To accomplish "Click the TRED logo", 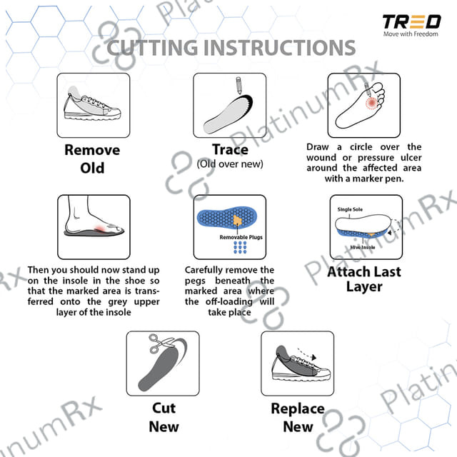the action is (411, 22).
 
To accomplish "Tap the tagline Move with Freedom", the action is (411, 34).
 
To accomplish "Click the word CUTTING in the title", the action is (152, 48).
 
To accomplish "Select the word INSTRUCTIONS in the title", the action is (278, 48).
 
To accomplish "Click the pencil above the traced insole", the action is (238, 86).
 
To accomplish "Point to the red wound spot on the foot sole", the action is (371, 103).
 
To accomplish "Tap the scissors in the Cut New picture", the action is (160, 343).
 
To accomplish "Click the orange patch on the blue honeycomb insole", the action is (238, 220).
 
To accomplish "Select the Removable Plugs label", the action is (241, 237).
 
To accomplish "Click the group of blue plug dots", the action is (240, 247).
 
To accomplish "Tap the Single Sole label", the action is (350, 209).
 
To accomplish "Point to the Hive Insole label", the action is (363, 247).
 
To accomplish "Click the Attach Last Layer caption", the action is (364, 279).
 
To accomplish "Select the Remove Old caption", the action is (92, 159).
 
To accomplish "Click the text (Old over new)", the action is (230, 164).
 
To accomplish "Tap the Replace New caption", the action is (298, 417).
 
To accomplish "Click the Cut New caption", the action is (164, 417).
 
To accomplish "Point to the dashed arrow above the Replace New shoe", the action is (307, 353).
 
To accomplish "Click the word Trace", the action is (230, 149).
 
